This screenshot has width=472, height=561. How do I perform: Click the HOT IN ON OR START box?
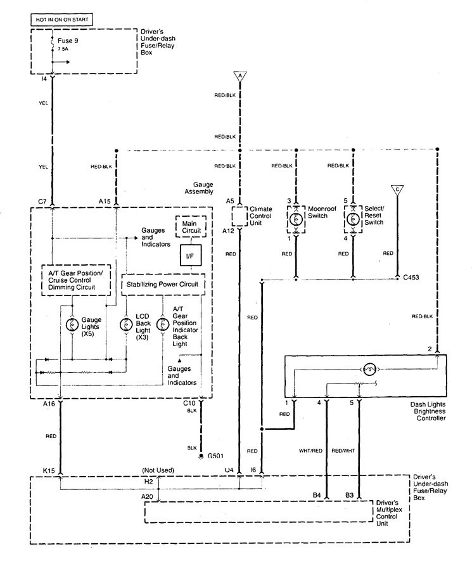pos(61,20)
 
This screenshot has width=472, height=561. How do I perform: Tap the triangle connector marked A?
pos(239,77)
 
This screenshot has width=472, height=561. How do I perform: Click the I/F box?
pos(190,255)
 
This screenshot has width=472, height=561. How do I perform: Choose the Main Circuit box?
pos(189,226)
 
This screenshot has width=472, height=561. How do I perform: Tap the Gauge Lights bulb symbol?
pos(71,325)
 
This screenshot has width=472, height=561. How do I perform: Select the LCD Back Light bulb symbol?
pos(125,325)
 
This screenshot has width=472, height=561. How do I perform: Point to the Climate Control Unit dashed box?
pos(239,217)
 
